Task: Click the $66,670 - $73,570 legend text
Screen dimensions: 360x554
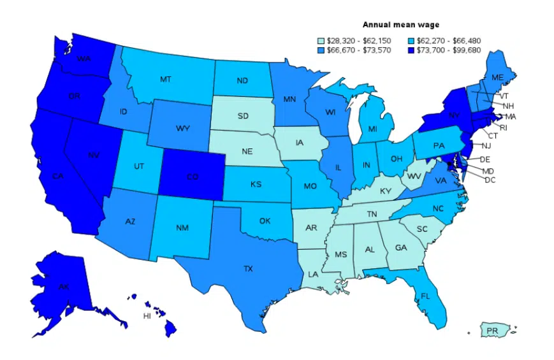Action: pyautogui.click(x=358, y=50)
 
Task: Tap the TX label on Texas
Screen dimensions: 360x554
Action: pyautogui.click(x=248, y=269)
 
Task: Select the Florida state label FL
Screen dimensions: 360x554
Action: pyautogui.click(x=425, y=296)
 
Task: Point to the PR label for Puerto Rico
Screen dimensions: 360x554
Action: pyautogui.click(x=492, y=331)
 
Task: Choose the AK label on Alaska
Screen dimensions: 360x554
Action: pyautogui.click(x=63, y=287)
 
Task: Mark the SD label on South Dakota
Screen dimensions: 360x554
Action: pyautogui.click(x=243, y=116)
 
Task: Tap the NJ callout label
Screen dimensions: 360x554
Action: pyautogui.click(x=486, y=146)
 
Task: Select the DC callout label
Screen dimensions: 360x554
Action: pyautogui.click(x=490, y=180)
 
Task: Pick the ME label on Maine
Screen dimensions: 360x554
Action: pyautogui.click(x=497, y=77)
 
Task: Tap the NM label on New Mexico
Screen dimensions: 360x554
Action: pyautogui.click(x=182, y=227)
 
